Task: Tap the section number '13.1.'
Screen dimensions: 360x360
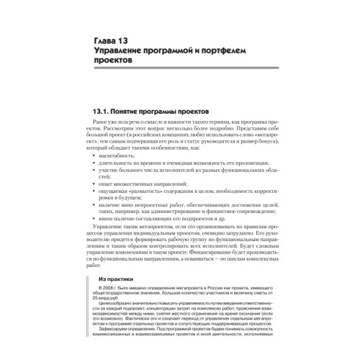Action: pos(105,113)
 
